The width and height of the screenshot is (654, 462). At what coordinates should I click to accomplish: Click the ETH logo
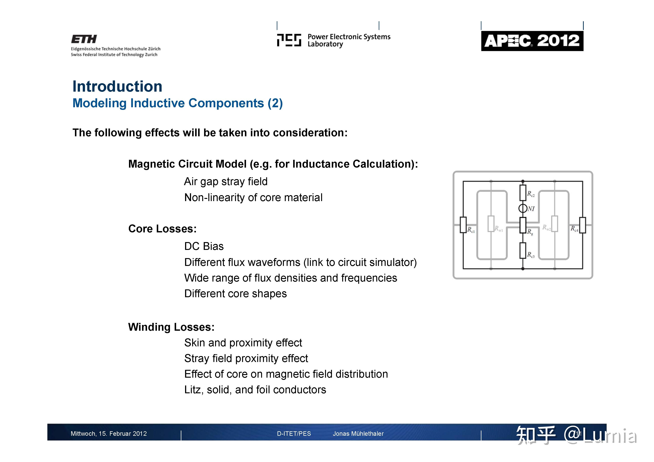pyautogui.click(x=84, y=39)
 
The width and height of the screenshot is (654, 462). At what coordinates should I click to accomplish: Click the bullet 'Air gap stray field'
pyautogui.click(x=226, y=182)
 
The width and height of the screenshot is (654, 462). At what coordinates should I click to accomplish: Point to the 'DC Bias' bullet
pyautogui.click(x=204, y=246)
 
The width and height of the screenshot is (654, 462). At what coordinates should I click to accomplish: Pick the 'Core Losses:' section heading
pyautogui.click(x=162, y=229)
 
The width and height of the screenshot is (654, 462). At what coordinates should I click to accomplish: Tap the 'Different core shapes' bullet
pyautogui.click(x=235, y=293)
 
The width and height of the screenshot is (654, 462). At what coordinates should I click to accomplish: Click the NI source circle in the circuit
pyautogui.click(x=523, y=208)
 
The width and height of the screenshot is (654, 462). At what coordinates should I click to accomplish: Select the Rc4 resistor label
pyautogui.click(x=574, y=229)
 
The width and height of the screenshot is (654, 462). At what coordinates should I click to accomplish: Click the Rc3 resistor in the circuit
pyautogui.click(x=523, y=250)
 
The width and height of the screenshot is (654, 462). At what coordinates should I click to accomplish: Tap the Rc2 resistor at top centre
pyautogui.click(x=523, y=193)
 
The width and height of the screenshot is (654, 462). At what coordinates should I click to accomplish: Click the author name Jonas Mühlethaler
pyautogui.click(x=358, y=434)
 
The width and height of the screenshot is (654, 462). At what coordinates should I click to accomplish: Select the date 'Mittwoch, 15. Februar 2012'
pyautogui.click(x=108, y=434)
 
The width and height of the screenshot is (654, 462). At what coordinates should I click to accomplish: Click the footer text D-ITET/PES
pyautogui.click(x=294, y=434)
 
